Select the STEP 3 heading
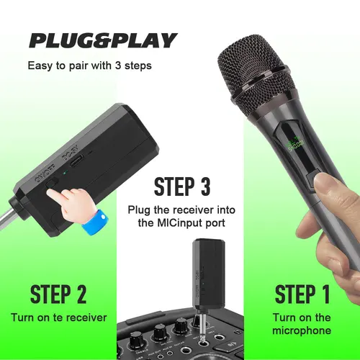coord(182,186)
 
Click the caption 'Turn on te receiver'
coord(59,318)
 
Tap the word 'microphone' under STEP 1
coord(303,330)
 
